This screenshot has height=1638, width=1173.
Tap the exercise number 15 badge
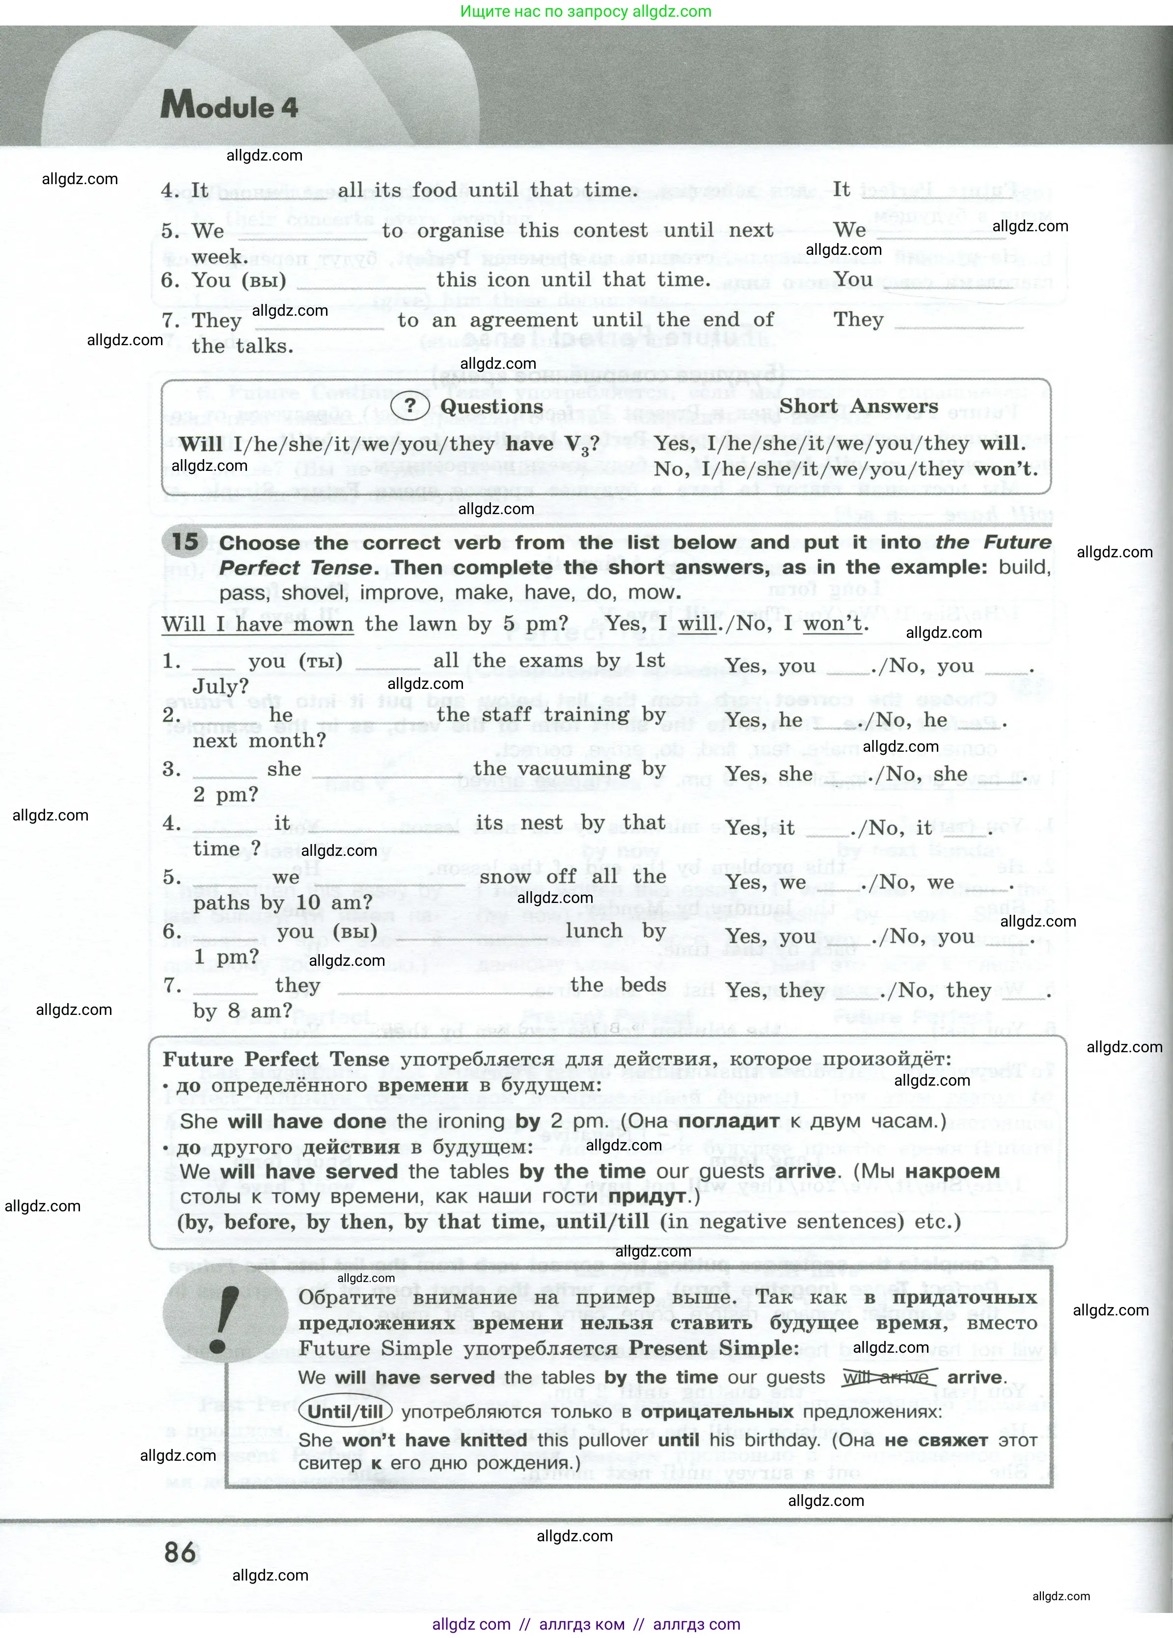click(185, 542)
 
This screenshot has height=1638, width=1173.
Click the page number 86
click(180, 1552)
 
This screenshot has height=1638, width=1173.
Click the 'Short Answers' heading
click(858, 406)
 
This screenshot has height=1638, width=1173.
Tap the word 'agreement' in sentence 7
click(524, 320)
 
